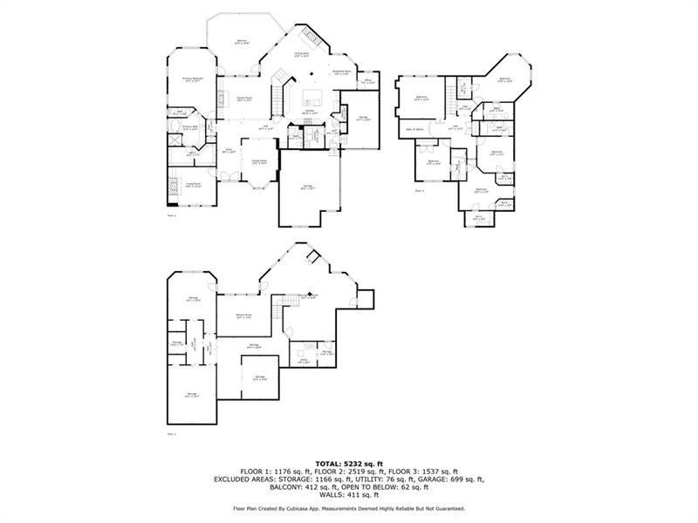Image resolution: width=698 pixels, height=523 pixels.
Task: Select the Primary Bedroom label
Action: pyautogui.click(x=193, y=79)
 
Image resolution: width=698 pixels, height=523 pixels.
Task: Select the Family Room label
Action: pyautogui.click(x=245, y=99)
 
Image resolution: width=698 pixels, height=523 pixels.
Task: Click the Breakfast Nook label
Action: pyautogui.click(x=341, y=72)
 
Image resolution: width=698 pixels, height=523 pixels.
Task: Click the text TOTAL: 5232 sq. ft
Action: pyautogui.click(x=348, y=464)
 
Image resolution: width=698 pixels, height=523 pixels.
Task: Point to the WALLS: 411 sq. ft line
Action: pyautogui.click(x=348, y=495)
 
